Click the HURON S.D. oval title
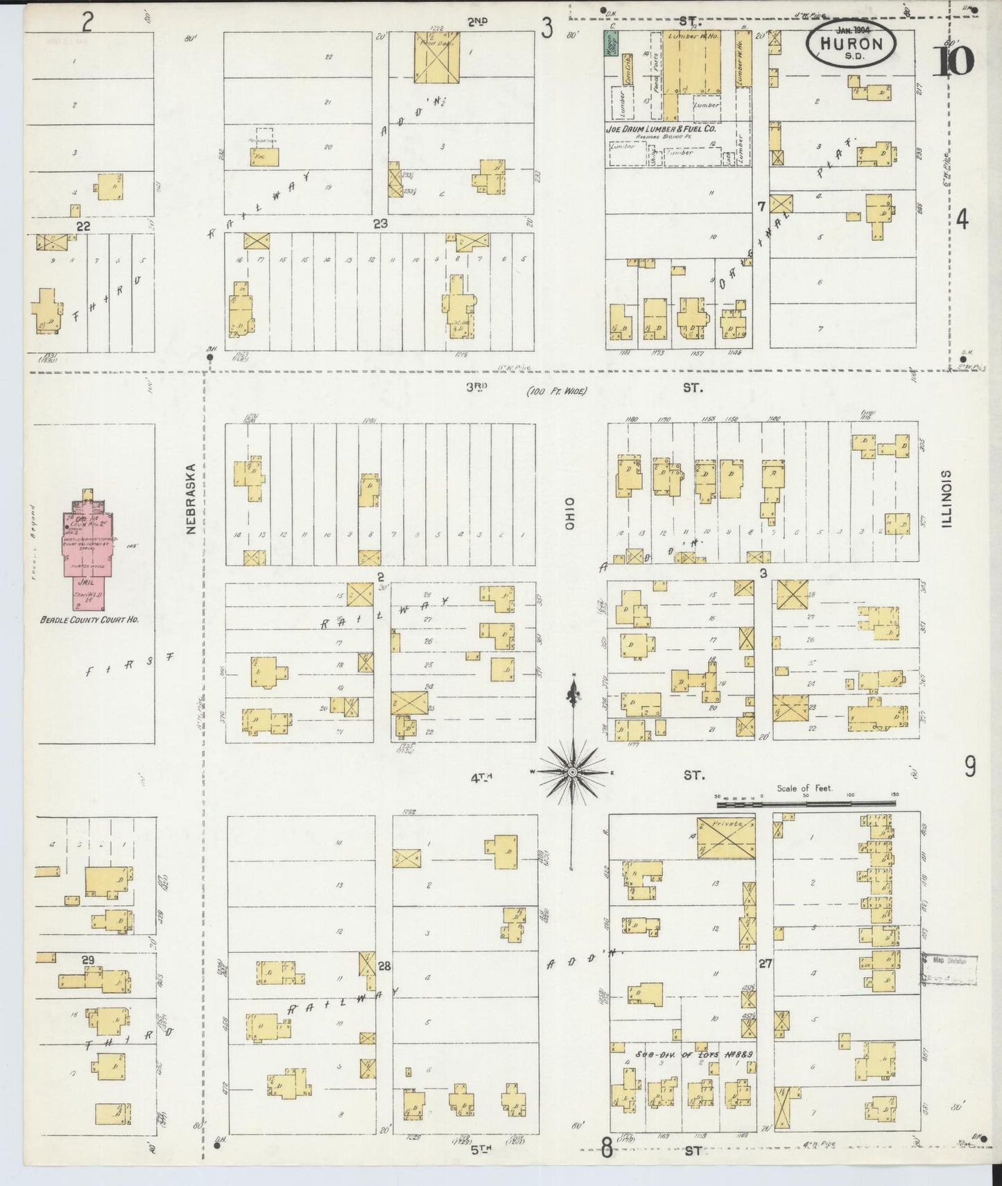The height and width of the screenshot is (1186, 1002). (851, 44)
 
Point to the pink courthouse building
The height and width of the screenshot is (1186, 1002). (87, 548)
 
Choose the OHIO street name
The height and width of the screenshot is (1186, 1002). (570, 513)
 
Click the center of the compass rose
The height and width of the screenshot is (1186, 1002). (573, 772)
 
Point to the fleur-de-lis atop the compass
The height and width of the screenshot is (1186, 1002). (573, 691)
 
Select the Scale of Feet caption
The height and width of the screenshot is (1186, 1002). (804, 789)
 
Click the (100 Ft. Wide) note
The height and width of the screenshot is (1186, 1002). (556, 391)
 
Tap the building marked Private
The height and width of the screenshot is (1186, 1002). (726, 837)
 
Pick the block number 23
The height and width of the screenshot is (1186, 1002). (380, 223)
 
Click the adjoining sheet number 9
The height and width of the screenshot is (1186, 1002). (969, 766)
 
